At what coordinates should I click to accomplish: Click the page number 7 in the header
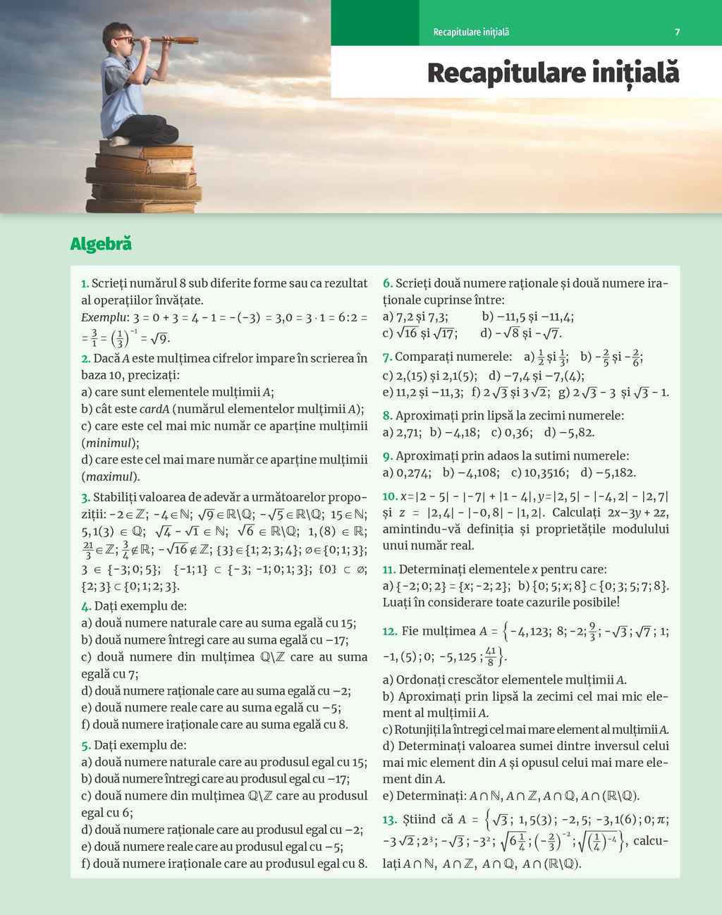pyautogui.click(x=678, y=32)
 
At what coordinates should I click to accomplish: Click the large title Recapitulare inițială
pyautogui.click(x=553, y=73)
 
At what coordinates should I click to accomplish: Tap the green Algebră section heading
pyautogui.click(x=101, y=244)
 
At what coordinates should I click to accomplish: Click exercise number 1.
pyautogui.click(x=85, y=283)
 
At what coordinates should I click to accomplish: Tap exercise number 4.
pyautogui.click(x=85, y=606)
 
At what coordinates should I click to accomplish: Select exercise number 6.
pyautogui.click(x=387, y=283)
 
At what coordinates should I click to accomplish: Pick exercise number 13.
pyautogui.click(x=390, y=820)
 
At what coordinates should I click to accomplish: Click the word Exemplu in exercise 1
pyautogui.click(x=104, y=318)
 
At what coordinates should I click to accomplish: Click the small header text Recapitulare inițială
pyautogui.click(x=471, y=32)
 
